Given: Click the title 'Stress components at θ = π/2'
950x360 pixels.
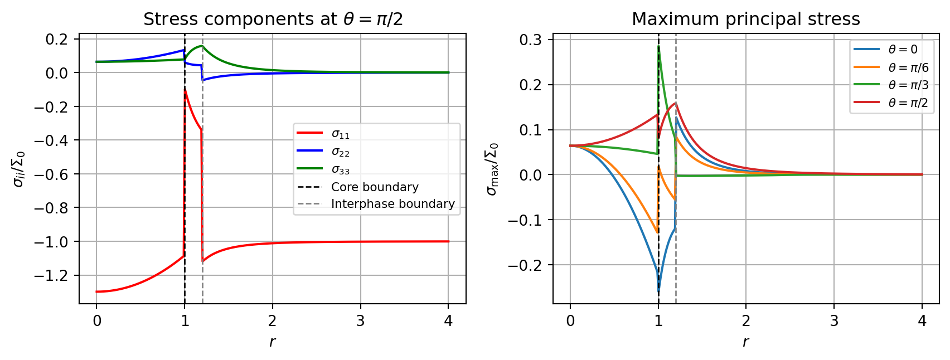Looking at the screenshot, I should (273, 20).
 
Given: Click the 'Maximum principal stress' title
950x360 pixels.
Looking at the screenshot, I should (745, 20).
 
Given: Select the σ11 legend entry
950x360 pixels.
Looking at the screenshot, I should (341, 134).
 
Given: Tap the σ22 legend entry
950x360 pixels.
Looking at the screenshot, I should (341, 152).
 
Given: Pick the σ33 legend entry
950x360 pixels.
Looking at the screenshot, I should (341, 170).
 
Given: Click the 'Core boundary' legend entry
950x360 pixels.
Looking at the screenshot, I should (375, 187).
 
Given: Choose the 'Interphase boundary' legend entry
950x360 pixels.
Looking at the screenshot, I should (392, 204).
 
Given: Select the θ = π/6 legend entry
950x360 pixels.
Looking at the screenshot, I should (908, 67).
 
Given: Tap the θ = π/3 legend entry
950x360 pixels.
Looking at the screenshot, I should (908, 85).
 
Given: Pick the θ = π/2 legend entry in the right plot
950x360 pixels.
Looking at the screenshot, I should (908, 103).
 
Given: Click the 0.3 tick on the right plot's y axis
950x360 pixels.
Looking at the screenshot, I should (531, 40).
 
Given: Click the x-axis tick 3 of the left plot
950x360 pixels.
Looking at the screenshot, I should (360, 321).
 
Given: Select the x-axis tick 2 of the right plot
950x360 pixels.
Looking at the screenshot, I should (746, 321).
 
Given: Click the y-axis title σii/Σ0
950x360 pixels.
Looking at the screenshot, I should (19, 169).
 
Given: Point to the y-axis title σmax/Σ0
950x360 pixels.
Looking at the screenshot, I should (492, 169).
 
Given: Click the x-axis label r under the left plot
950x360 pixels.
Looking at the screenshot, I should (272, 342).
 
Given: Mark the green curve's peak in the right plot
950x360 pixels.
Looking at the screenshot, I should (659, 46).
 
